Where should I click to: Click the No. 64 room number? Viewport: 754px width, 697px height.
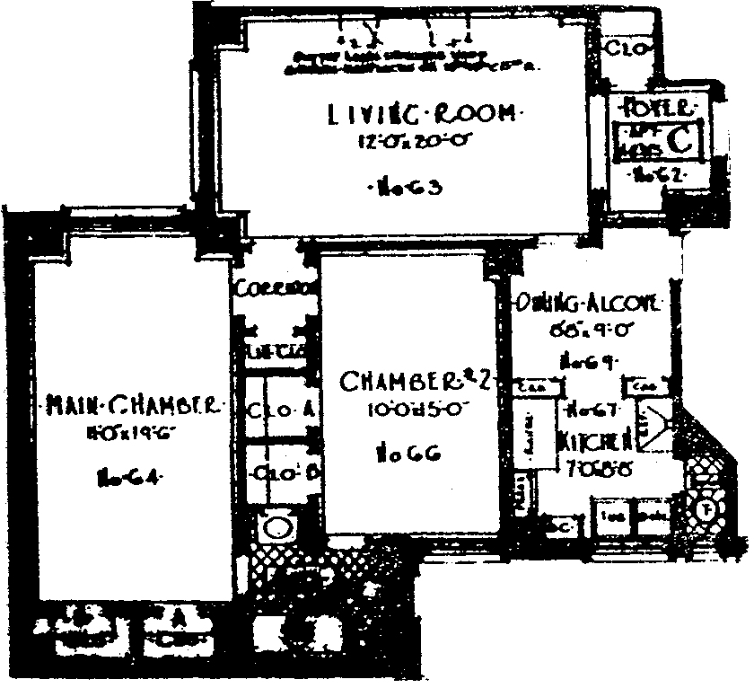coord(127,478)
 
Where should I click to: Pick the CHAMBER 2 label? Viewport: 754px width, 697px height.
coord(414,381)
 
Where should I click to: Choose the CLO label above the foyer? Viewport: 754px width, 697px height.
coord(625,48)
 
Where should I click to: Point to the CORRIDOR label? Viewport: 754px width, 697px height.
coord(276,289)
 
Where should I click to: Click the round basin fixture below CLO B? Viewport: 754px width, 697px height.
coord(278,526)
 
